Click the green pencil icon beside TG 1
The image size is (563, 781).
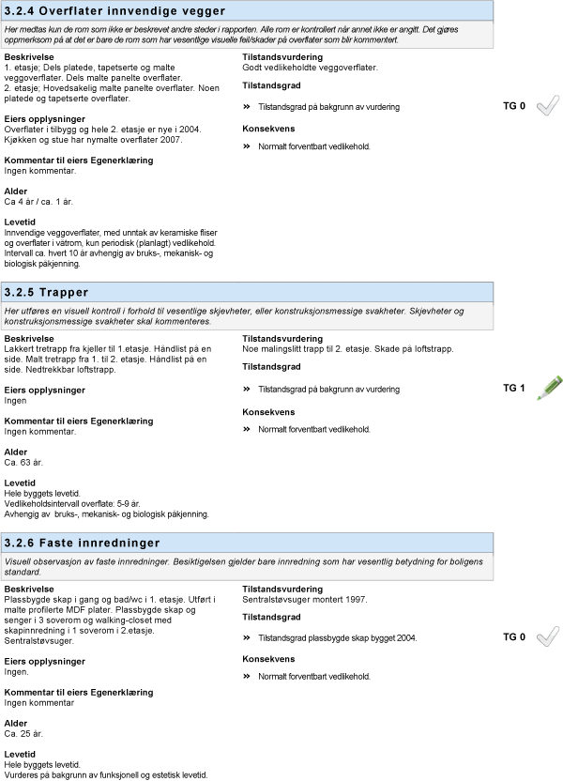tap(549, 388)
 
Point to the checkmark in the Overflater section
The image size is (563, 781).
tap(547, 107)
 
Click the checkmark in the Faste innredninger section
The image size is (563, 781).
tap(547, 637)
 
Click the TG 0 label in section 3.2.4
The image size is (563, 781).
tap(514, 107)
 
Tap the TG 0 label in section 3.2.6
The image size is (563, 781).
tap(514, 637)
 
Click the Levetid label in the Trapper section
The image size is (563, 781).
tap(21, 483)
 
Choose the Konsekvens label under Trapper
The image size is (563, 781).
tap(269, 412)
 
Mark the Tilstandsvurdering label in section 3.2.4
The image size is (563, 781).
tap(282, 57)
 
